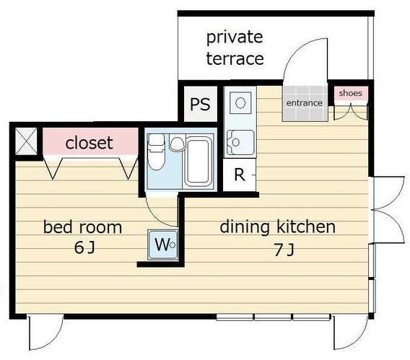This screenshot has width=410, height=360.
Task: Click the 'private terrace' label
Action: pos(235,48)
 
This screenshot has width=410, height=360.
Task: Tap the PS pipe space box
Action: pos(201,104)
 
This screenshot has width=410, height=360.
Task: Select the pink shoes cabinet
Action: pos(351,94)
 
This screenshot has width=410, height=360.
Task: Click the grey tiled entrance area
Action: pos(305,104)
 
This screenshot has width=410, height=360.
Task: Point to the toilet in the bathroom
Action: pos(156,152)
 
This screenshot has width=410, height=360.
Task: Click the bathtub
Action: pos(199,162)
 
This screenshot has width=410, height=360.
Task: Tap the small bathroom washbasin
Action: pos(177,143)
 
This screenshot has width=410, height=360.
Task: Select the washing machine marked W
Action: pos(162,245)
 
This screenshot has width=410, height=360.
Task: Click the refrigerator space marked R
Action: pos(240,175)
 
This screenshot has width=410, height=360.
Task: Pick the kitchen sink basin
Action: pos(240,143)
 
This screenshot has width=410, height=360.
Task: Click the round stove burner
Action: pos(240,102)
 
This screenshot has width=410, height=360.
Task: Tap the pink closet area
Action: pos(90,141)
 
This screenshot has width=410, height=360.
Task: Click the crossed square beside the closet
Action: pos(26,141)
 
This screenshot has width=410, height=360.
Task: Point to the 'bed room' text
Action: pos(82,227)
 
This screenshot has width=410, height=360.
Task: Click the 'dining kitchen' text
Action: pos(277,227)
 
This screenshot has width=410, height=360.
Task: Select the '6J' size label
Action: pos(84,247)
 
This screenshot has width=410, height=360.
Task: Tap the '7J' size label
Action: pos(284,250)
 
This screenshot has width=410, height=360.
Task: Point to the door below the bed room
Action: pos(45,333)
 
